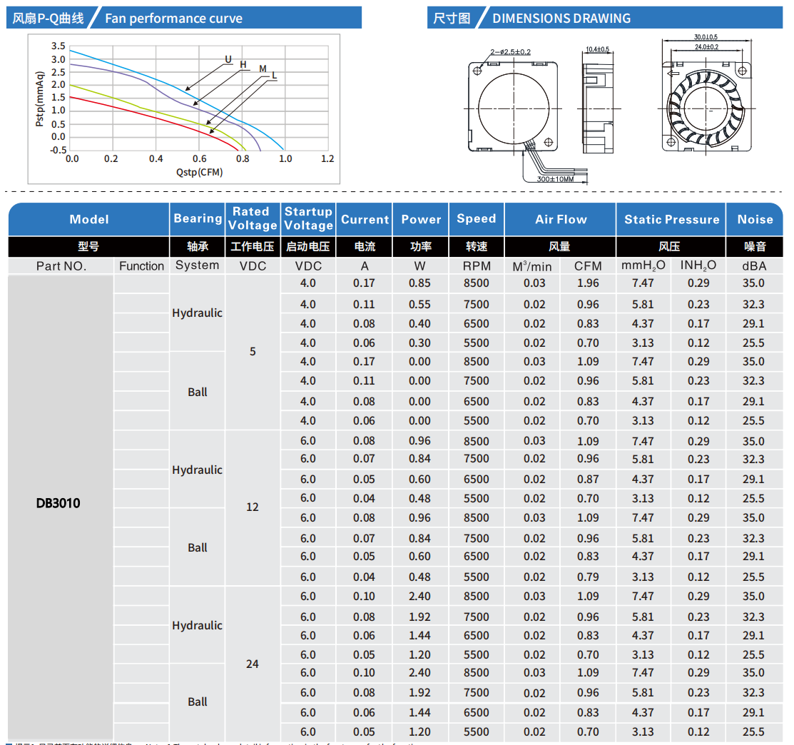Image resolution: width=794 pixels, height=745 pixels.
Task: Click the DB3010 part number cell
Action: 58,503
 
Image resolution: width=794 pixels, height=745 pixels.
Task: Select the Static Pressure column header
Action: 671,220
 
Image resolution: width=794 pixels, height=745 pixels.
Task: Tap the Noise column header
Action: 755,220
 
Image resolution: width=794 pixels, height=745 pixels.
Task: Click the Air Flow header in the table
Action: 561,220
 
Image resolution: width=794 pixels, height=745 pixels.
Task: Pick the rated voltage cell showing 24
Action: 253,664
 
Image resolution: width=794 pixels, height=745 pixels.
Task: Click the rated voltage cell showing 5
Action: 253,352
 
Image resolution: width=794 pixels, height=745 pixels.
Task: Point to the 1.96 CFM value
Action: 588,283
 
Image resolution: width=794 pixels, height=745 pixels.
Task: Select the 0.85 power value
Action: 419,283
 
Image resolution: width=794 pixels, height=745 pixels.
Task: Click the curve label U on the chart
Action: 228,59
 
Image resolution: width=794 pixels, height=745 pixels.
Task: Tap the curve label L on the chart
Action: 275,75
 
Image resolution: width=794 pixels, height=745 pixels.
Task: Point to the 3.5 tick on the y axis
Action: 58,46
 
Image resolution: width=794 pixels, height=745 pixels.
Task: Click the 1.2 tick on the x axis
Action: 327,158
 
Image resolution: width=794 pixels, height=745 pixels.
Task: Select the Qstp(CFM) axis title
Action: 199,172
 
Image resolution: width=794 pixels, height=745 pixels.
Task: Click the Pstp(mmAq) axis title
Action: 40,98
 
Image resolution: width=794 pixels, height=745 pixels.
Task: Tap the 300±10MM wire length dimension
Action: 556,179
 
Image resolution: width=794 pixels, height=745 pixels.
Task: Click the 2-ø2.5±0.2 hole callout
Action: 511,51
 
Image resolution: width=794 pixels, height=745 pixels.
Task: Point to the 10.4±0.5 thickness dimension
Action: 597,49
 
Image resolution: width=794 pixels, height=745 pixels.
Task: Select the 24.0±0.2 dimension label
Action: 706,46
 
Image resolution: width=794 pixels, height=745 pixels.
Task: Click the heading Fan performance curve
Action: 173,19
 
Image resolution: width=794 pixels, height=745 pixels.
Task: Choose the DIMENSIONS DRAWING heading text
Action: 561,19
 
